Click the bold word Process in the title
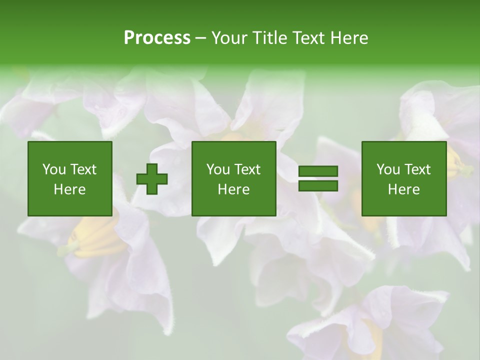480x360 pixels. pos(157,38)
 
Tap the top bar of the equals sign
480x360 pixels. pos(318,171)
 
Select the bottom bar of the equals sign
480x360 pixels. pos(318,185)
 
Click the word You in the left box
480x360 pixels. pos(54,169)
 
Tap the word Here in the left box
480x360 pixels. pos(69,189)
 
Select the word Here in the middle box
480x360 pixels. pos(233,189)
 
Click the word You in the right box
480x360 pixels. pos(388,169)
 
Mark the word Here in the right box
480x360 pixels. pos(403,189)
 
